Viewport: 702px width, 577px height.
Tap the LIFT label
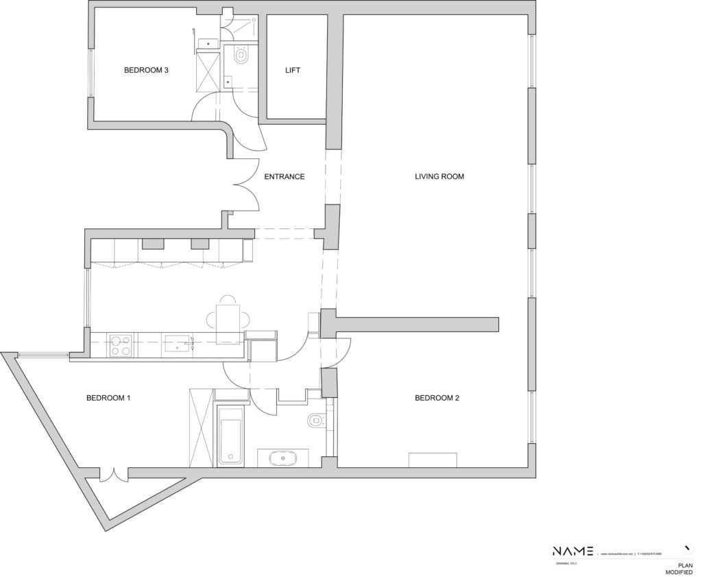293,70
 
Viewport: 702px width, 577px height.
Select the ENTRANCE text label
284,176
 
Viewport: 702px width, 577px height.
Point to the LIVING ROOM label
439,176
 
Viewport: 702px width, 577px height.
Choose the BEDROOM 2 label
437,398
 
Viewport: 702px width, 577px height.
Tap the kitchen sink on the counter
177,344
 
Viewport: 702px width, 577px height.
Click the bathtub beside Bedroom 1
230,435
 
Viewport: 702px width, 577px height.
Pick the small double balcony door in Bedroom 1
113,474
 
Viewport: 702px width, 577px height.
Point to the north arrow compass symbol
687,549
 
